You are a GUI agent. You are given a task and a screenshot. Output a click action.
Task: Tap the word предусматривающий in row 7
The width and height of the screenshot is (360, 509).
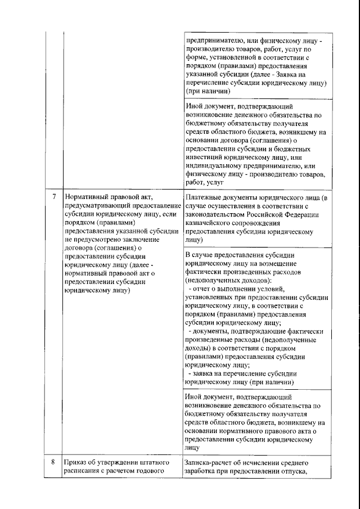click(97, 206)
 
